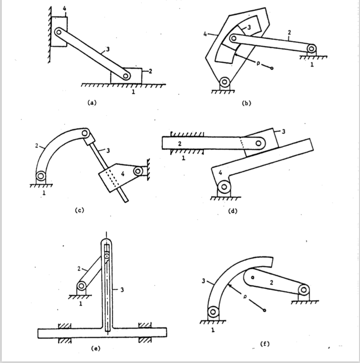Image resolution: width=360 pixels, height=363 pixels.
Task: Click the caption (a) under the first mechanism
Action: pyautogui.click(x=91, y=103)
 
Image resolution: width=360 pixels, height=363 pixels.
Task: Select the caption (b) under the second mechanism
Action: pyautogui.click(x=247, y=103)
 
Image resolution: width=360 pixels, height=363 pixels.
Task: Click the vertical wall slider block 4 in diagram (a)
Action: pyautogui.click(x=59, y=31)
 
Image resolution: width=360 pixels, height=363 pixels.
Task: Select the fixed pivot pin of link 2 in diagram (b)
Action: pyautogui.click(x=311, y=48)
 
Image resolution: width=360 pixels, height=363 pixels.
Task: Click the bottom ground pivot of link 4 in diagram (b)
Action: pyautogui.click(x=224, y=81)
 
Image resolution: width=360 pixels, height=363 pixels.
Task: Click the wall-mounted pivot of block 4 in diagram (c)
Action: pyautogui.click(x=139, y=171)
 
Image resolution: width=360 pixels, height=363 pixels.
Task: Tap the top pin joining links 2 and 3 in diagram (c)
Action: pyautogui.click(x=85, y=133)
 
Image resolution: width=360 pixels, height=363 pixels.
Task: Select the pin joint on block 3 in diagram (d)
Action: pyautogui.click(x=259, y=143)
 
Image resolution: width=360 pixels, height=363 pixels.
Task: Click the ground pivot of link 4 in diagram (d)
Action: pyautogui.click(x=224, y=187)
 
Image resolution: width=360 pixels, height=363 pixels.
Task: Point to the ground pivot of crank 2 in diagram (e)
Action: pyautogui.click(x=81, y=286)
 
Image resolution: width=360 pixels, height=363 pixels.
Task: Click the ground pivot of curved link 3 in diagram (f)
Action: pyautogui.click(x=213, y=312)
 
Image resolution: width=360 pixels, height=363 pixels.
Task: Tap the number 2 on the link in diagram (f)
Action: pyautogui.click(x=271, y=283)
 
